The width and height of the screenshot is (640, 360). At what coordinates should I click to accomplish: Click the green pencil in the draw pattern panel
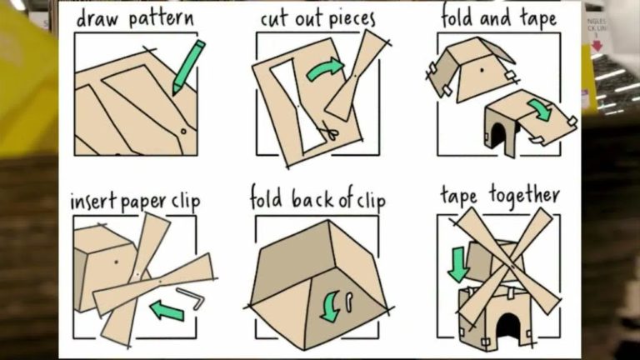[187, 67]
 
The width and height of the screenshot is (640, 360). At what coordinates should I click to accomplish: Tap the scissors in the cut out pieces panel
[329, 131]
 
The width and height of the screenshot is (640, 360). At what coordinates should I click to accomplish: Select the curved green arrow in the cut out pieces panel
[325, 68]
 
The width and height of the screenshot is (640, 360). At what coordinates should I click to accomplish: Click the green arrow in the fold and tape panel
[539, 110]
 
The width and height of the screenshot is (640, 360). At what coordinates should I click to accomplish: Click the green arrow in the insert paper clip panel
[167, 310]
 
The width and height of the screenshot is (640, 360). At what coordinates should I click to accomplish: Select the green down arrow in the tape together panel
[457, 264]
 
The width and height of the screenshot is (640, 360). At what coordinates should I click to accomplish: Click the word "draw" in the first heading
[99, 18]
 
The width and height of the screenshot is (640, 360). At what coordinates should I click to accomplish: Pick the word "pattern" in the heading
[161, 19]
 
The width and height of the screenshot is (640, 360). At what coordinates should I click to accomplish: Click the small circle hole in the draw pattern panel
[183, 132]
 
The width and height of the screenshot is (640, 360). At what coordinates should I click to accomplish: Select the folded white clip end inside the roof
[349, 302]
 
